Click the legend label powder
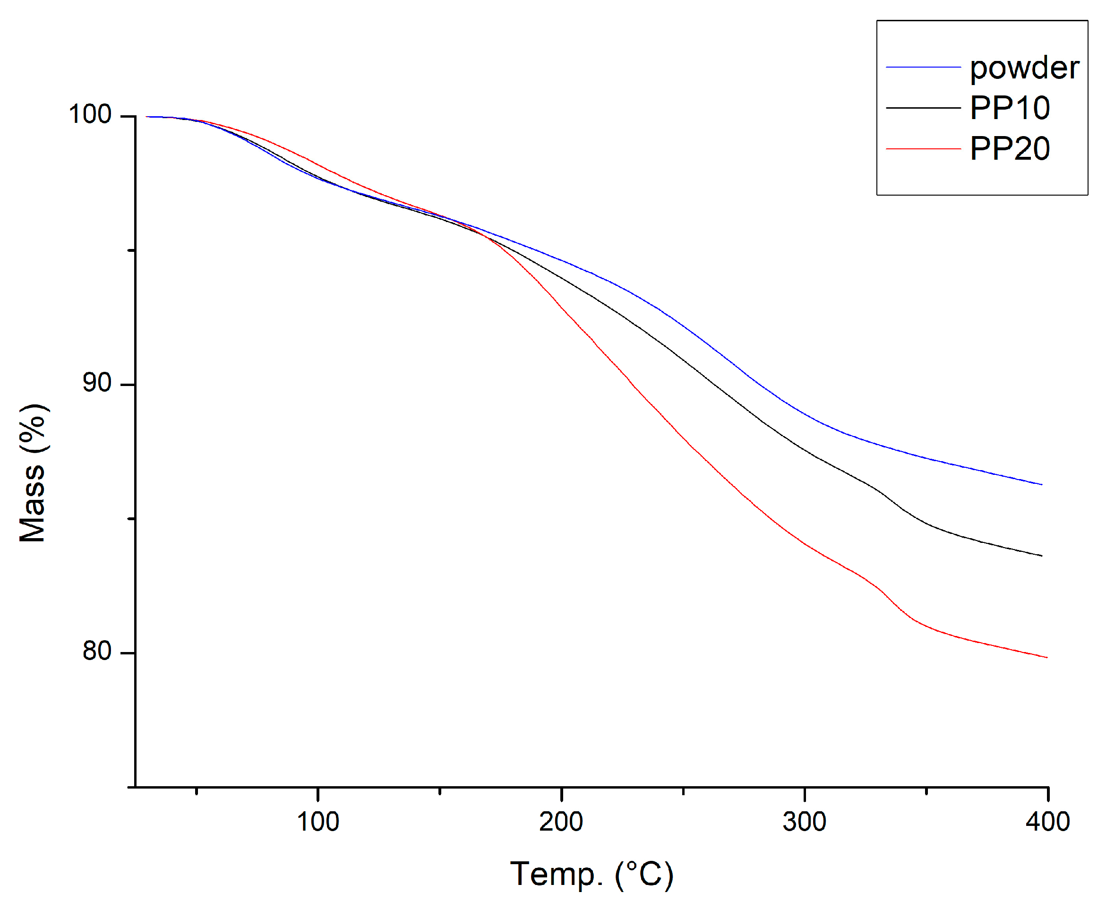1024,68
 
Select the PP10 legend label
1010,108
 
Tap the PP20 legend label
1010,149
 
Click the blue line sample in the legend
923,67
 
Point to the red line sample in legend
923,149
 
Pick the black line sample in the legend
923,108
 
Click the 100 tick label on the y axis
90,114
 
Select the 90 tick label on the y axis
96,383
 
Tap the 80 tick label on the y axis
96,651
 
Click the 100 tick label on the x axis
317,822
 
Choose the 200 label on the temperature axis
561,822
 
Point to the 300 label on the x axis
804,822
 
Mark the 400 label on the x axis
1047,822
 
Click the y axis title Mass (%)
33,473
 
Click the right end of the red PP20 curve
1046,657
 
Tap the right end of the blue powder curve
1041,484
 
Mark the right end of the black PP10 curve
1041,556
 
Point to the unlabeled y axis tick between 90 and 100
131,250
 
